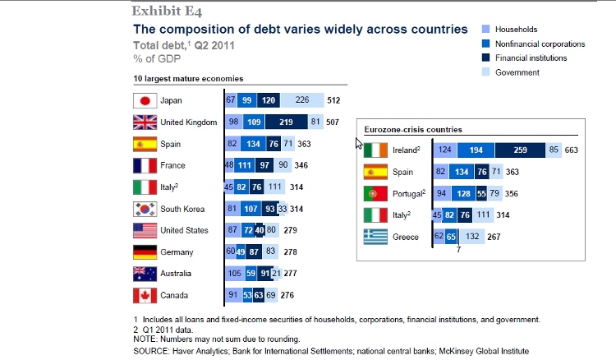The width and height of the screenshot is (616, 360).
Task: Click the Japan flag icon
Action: [145, 100]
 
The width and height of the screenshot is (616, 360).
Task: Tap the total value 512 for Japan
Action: [335, 100]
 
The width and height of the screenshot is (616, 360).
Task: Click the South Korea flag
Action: [145, 209]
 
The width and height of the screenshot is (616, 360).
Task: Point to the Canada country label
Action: [174, 295]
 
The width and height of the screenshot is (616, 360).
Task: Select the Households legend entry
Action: [517, 29]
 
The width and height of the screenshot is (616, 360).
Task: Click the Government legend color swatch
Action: [486, 73]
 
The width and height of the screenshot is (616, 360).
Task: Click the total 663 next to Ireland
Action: [572, 150]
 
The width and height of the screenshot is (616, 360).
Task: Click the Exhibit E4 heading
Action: [168, 11]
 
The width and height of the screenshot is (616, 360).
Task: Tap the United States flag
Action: [145, 230]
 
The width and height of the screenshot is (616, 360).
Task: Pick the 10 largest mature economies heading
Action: [182, 79]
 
